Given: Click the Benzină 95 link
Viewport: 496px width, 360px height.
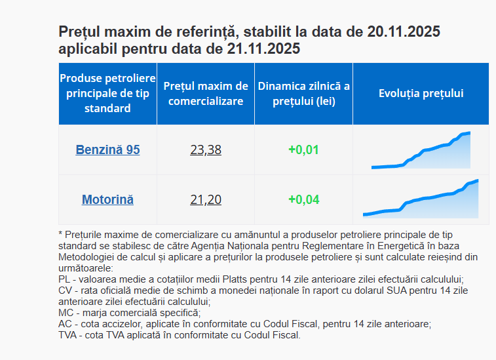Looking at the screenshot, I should [x=107, y=150].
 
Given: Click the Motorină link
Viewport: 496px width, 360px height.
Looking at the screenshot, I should [x=107, y=199].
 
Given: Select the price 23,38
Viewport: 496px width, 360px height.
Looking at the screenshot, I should [x=206, y=150].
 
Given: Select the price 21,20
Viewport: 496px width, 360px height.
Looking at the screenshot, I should [x=206, y=199].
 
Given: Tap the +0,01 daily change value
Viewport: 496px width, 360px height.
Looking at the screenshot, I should [x=303, y=150].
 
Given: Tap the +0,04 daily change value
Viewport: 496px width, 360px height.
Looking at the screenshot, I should [x=303, y=199].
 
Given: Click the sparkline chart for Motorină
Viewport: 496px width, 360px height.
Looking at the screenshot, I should [x=421, y=199].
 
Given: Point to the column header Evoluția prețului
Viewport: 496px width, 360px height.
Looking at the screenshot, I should [x=421, y=93].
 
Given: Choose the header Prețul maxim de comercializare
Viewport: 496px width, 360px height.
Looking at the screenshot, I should [x=206, y=93].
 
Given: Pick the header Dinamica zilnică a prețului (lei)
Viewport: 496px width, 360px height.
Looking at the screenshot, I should [x=303, y=93].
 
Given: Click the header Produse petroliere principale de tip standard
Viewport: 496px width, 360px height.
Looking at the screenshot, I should [x=107, y=93].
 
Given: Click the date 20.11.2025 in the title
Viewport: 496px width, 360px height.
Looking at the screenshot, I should [x=404, y=31].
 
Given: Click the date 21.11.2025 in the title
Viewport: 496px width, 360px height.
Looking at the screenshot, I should [x=263, y=49].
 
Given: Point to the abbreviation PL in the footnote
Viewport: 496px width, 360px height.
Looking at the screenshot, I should [x=64, y=279].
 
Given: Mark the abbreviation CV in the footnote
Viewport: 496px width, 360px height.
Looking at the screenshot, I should [x=65, y=290].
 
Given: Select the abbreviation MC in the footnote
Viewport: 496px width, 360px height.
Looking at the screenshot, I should [x=65, y=313].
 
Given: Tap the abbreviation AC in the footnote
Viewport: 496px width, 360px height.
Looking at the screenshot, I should [x=65, y=324].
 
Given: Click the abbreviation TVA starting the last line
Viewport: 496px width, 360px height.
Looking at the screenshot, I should [x=68, y=334].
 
